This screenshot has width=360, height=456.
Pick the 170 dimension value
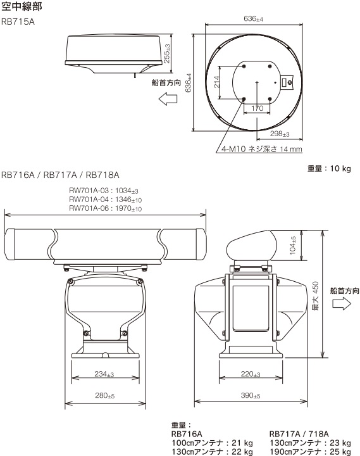coord(258,108)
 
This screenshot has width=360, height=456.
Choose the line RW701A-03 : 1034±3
coord(104,190)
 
